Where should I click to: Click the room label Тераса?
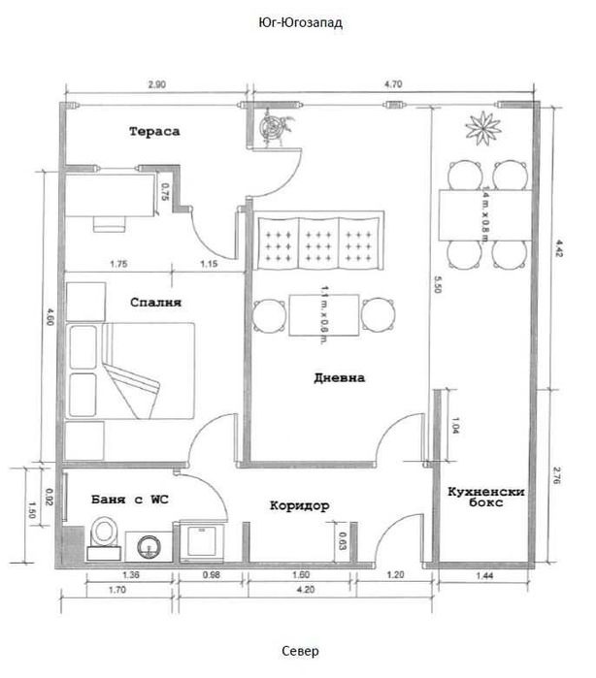[154, 132]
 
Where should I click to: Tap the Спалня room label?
[156, 303]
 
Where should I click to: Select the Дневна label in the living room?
[340, 378]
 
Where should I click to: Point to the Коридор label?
[300, 505]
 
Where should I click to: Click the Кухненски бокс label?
[486, 497]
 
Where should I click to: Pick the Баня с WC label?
[130, 500]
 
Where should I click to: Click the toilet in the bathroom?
[104, 538]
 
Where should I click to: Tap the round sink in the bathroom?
[149, 547]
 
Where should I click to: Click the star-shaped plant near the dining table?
[483, 128]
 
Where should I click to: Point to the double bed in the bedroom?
[130, 371]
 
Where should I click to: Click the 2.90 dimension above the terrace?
[156, 84]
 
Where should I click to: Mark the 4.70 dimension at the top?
[393, 83]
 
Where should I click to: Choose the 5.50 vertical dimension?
[437, 284]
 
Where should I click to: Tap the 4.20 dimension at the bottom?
[306, 590]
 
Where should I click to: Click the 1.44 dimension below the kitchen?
[484, 575]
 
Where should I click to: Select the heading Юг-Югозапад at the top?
[300, 22]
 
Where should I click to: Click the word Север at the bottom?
[300, 651]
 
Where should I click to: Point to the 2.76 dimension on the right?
[557, 475]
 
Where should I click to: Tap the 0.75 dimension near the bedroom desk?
[165, 192]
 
